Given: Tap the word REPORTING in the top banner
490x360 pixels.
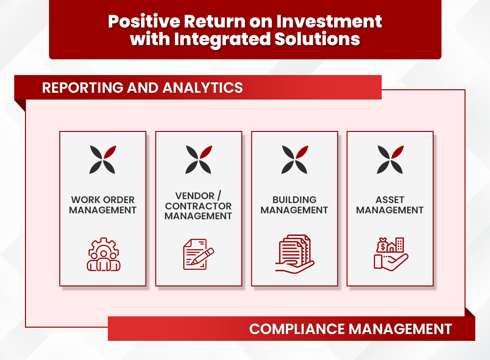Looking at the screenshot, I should (x=79, y=88).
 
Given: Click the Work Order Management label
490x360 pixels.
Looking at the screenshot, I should (x=102, y=205).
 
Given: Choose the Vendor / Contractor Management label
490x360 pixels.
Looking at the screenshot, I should (x=198, y=206).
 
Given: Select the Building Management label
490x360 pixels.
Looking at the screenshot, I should (x=294, y=205).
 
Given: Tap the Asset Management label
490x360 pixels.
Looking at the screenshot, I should (x=390, y=205).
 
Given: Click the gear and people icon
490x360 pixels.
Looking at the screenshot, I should (x=103, y=254).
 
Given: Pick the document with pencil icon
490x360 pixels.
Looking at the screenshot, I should (x=198, y=254).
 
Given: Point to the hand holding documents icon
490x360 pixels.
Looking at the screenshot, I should (x=294, y=254).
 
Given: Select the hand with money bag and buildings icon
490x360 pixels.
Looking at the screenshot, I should (x=391, y=254).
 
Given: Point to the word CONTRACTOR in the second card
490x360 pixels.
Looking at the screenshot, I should (x=198, y=206).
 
